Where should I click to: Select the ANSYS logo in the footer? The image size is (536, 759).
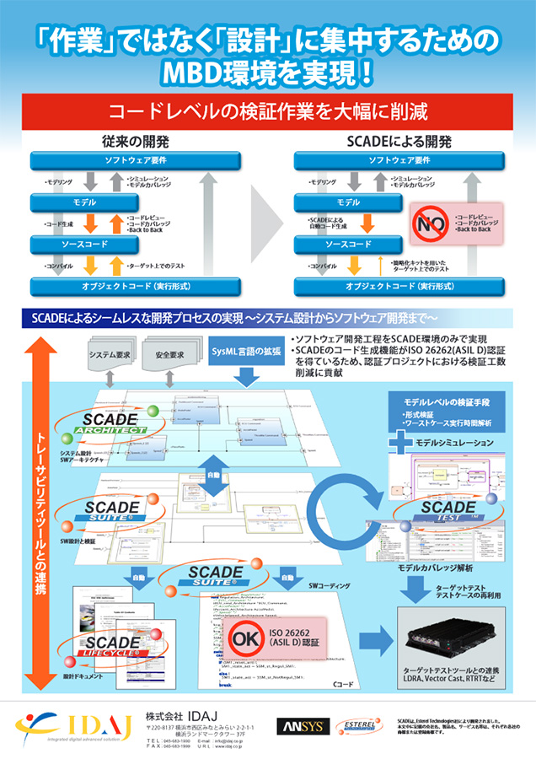coord(300,726)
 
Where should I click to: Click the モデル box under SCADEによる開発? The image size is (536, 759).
coord(348,202)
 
